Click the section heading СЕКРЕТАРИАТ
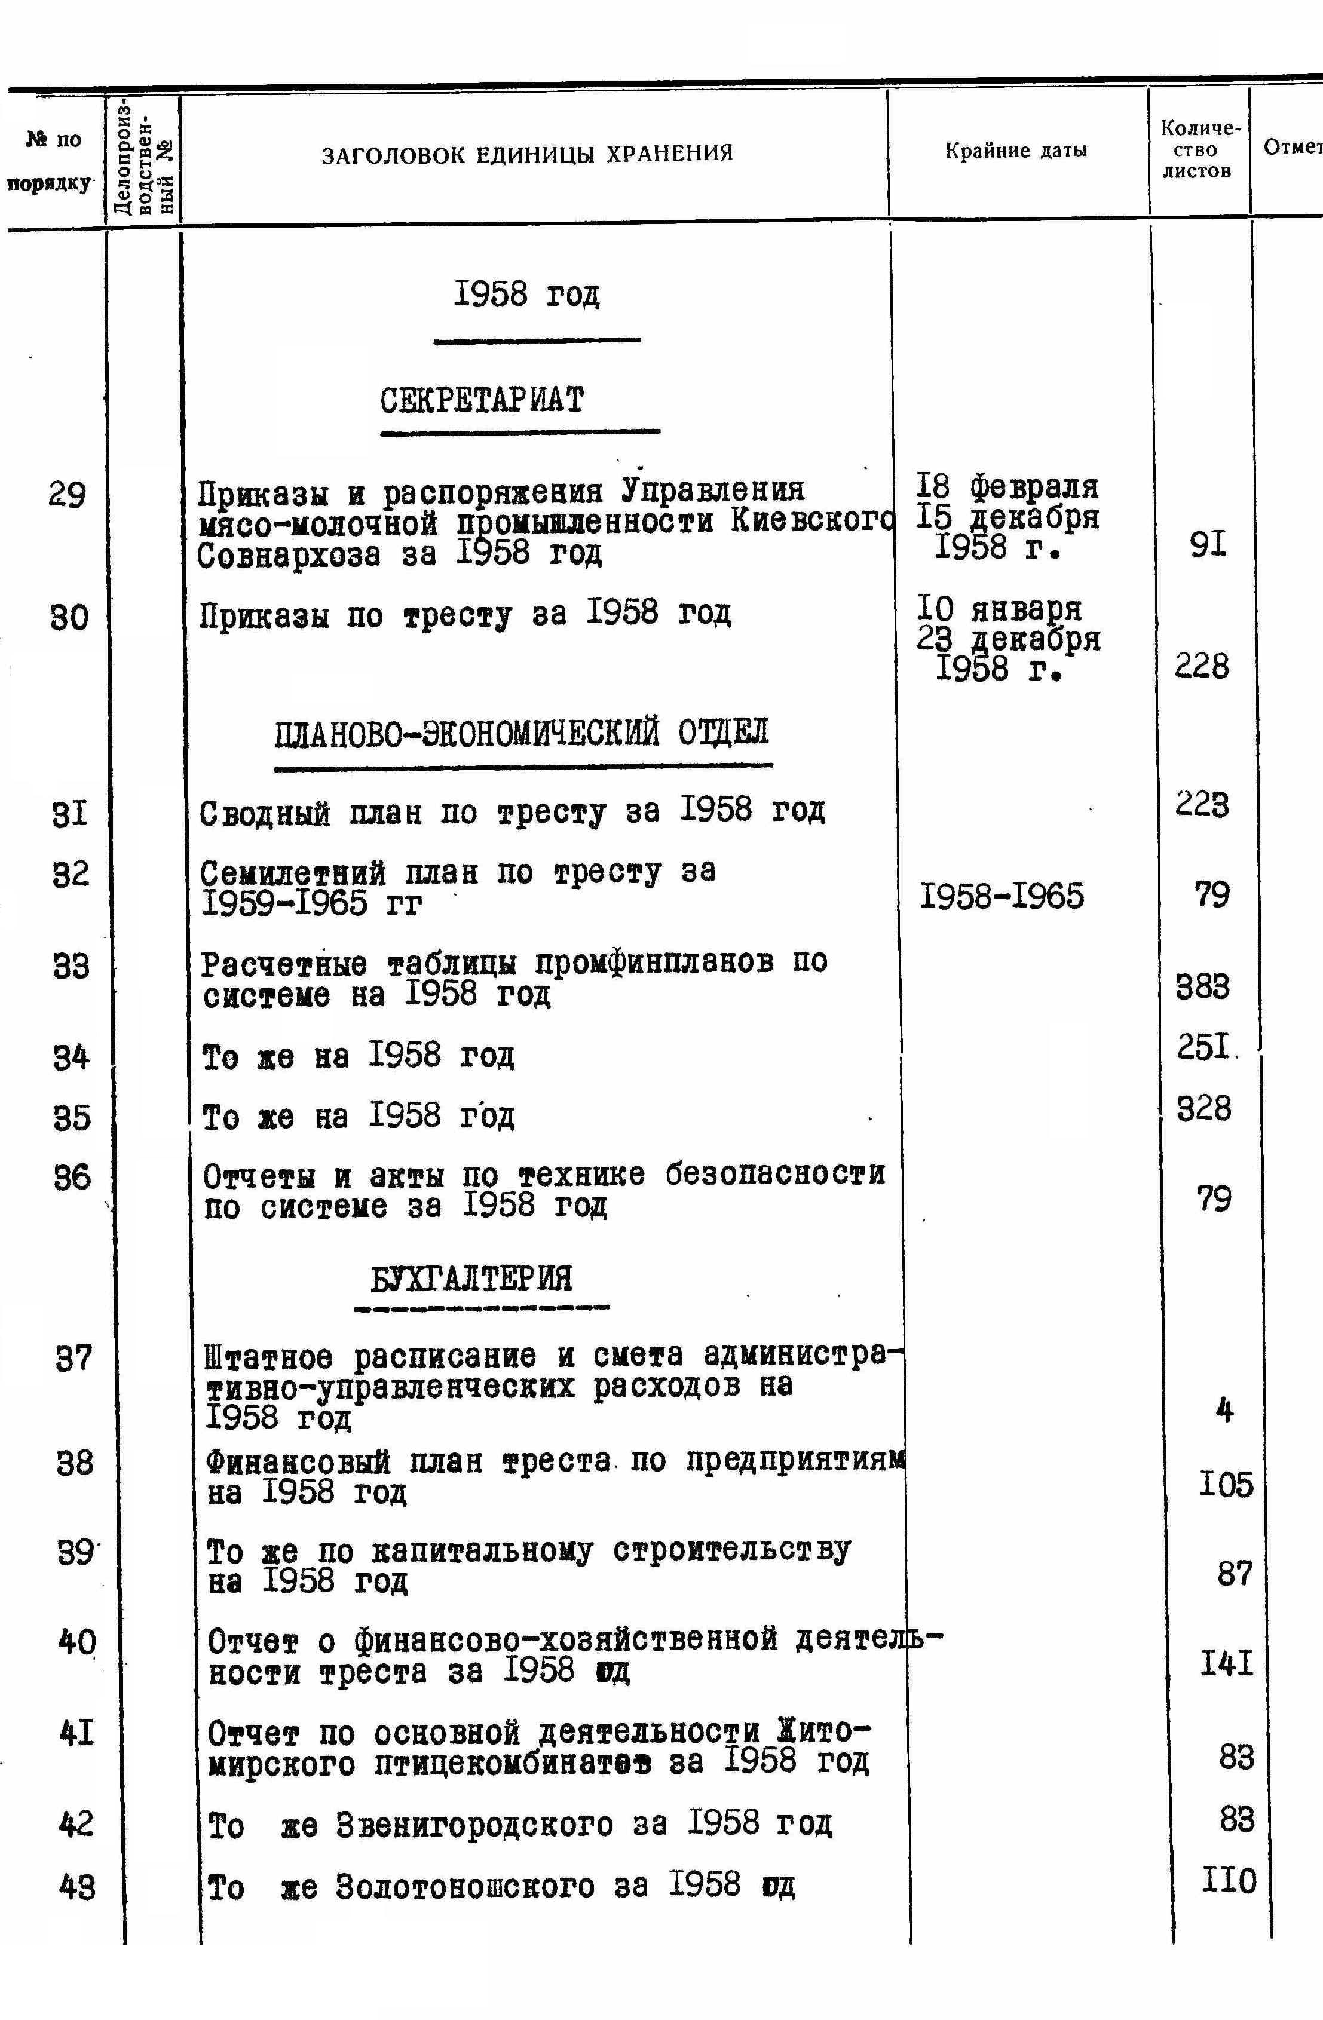(x=482, y=400)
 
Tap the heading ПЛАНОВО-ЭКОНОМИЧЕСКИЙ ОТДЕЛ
(x=521, y=732)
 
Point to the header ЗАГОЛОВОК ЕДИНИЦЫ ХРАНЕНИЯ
(x=527, y=154)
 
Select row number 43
(x=77, y=1887)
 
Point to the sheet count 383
(x=1202, y=987)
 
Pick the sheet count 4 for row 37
(x=1224, y=1411)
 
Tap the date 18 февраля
(x=1007, y=487)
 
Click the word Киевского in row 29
(x=812, y=523)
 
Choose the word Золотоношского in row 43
(x=465, y=1886)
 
